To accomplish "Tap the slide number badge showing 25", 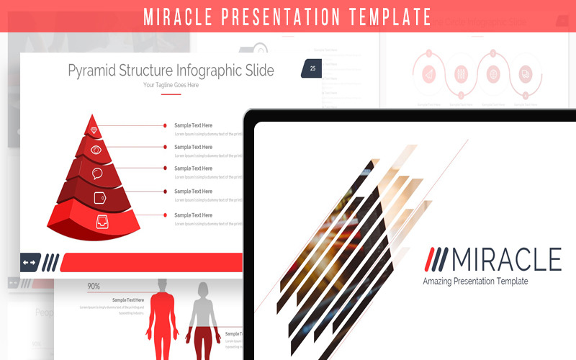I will click(312, 69).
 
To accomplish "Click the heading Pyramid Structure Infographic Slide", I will click(171, 70).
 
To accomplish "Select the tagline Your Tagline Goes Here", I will click(171, 85).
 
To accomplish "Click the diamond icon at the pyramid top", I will click(94, 130).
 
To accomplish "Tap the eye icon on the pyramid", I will click(96, 150).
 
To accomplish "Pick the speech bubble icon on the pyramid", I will click(97, 174).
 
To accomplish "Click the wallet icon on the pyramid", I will click(99, 197).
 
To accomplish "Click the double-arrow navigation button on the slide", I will click(30, 262).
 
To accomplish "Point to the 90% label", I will click(94, 286).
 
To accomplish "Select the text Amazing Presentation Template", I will click(475, 281).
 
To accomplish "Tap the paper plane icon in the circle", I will click(428, 74).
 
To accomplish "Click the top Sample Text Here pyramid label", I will click(193, 125).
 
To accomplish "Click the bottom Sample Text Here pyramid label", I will click(193, 215).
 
